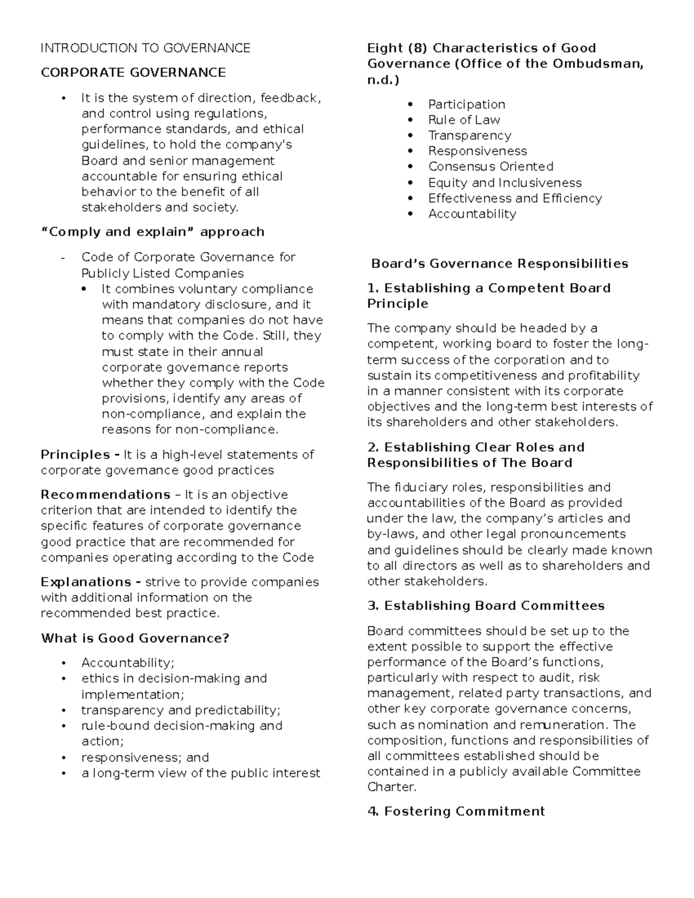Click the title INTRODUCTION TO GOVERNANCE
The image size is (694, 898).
click(145, 48)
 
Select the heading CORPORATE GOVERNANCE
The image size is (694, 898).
click(133, 73)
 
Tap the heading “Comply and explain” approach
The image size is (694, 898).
click(153, 232)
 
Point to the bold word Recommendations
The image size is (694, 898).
click(105, 495)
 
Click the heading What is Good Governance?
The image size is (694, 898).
click(135, 638)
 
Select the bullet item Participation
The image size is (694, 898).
click(466, 105)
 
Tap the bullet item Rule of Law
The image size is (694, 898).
click(464, 120)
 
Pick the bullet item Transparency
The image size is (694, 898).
click(470, 136)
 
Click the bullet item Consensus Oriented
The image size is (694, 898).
click(490, 167)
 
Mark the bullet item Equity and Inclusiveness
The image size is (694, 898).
click(505, 183)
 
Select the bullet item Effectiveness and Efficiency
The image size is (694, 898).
click(515, 198)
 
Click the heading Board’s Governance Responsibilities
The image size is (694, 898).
click(500, 264)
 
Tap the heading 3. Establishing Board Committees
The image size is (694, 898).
click(486, 606)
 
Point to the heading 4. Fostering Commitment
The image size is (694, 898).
click(456, 811)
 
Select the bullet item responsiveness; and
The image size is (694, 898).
click(145, 757)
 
